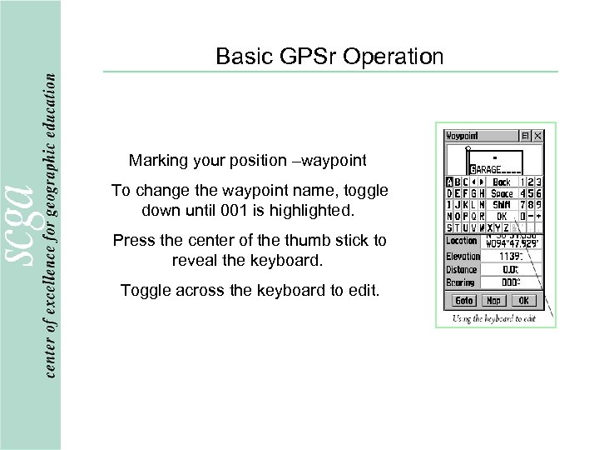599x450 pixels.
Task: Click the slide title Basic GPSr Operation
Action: click(329, 57)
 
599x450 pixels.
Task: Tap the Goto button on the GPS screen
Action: click(463, 301)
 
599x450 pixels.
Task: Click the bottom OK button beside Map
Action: click(524, 301)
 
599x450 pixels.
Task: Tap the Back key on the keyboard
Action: click(502, 182)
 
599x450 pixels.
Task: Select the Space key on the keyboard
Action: click(502, 193)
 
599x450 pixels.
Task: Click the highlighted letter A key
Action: click(449, 182)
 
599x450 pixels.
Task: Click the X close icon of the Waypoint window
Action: click(537, 136)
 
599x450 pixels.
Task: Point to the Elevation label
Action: click(463, 257)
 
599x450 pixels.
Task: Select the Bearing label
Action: click(462, 283)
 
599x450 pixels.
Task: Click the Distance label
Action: click(462, 270)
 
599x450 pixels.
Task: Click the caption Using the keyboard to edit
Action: click(493, 318)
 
